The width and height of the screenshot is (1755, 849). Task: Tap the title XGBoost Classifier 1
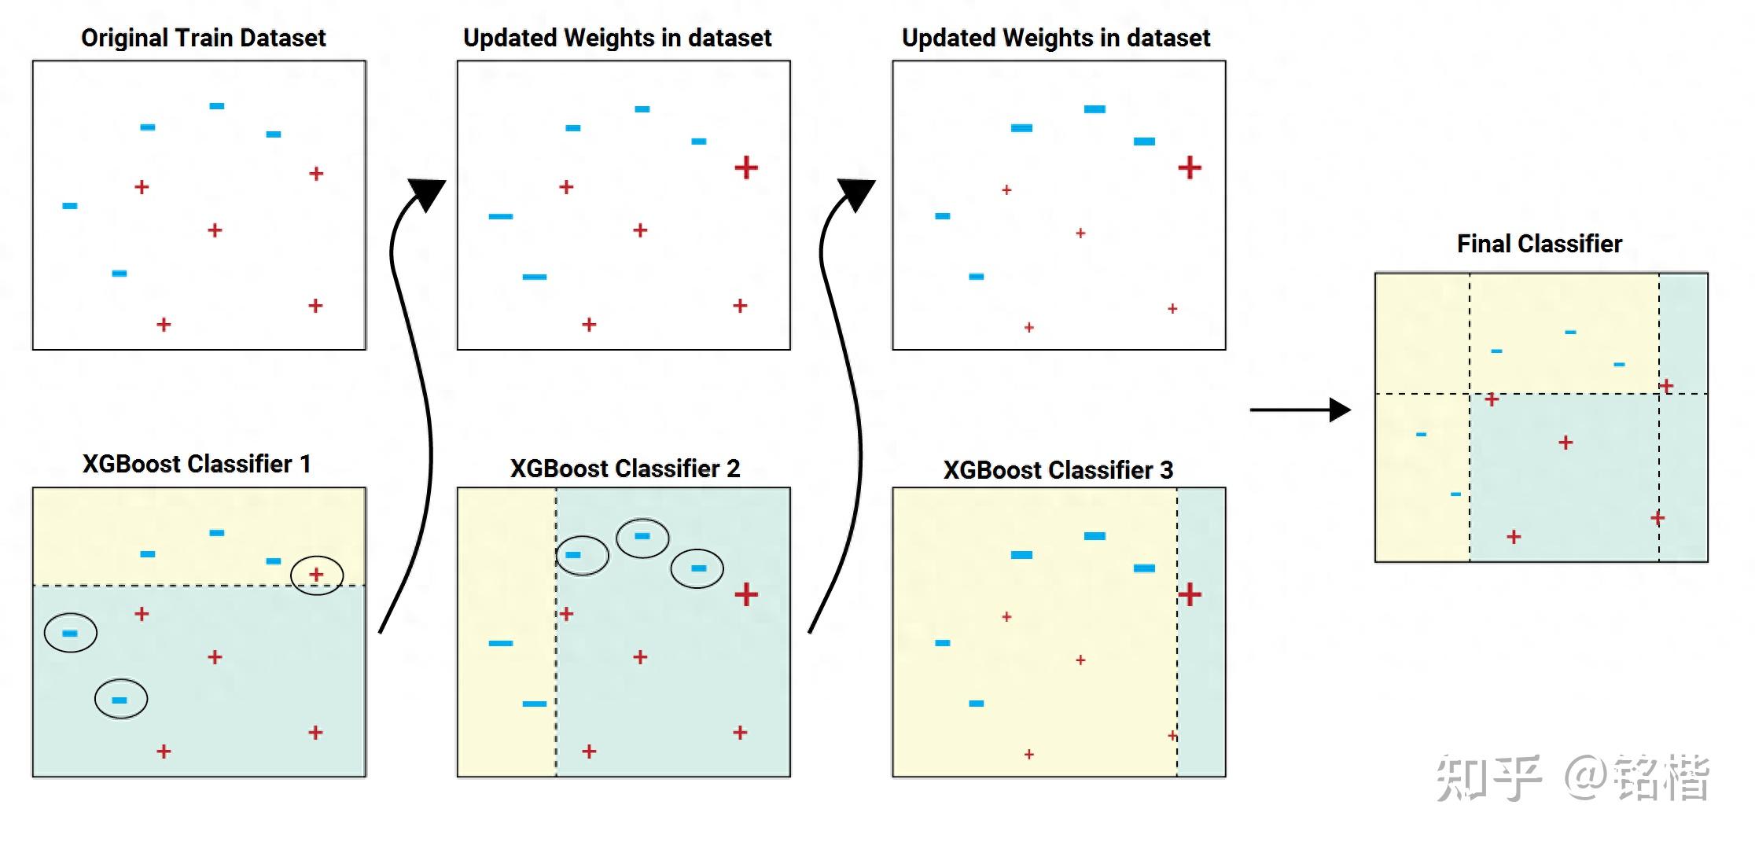click(x=197, y=464)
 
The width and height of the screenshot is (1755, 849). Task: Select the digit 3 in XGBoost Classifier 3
click(x=1166, y=470)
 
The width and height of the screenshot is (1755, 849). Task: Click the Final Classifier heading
click(x=1539, y=244)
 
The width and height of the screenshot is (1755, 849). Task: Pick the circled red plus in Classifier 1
click(x=316, y=575)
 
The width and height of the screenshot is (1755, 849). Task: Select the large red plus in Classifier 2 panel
click(x=746, y=594)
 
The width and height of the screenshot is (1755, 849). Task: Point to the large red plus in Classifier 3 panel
click(x=1190, y=594)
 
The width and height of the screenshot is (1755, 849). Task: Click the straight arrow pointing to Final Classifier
click(x=1301, y=410)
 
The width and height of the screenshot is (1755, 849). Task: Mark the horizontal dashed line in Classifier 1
click(x=199, y=586)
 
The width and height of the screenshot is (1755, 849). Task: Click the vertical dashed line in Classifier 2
click(x=556, y=632)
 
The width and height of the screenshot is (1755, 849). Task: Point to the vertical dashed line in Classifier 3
click(x=1177, y=632)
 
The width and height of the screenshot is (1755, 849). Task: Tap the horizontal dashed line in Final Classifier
click(x=1541, y=394)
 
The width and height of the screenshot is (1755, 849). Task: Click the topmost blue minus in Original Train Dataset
click(x=217, y=106)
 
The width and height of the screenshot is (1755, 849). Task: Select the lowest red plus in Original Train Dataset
click(x=164, y=325)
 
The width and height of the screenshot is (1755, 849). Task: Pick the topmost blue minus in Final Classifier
click(x=1570, y=333)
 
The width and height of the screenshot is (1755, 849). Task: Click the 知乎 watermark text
click(x=1488, y=778)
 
